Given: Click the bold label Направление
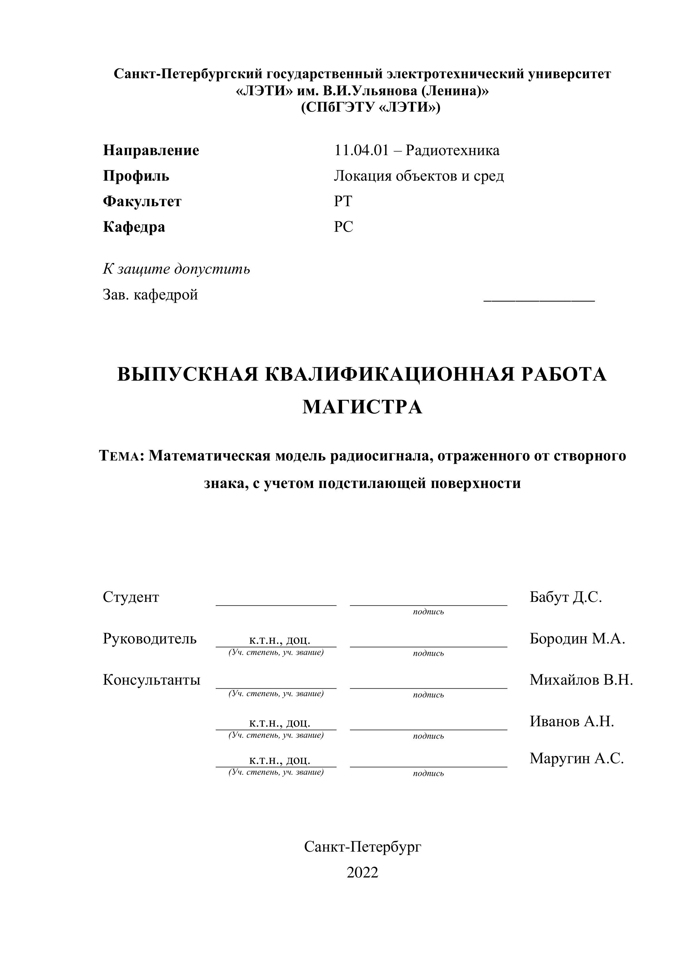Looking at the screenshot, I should (x=151, y=151).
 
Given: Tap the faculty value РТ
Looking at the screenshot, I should (x=343, y=201).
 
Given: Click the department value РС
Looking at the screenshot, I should (x=343, y=227).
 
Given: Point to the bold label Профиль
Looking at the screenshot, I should (x=136, y=176).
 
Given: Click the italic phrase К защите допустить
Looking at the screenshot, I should (x=176, y=269).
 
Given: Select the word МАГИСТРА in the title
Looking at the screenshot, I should (x=362, y=407).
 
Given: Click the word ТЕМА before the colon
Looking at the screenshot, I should (x=120, y=456).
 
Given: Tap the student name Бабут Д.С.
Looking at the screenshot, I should (x=566, y=597).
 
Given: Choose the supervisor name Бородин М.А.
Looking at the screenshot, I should (x=577, y=638).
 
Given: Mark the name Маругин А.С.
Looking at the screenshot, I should (x=576, y=758).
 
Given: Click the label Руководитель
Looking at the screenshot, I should (x=150, y=638).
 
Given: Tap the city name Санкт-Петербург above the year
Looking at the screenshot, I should (x=362, y=847).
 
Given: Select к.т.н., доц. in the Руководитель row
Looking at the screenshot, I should (x=279, y=640).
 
